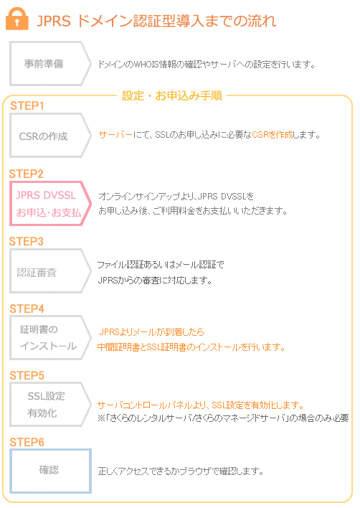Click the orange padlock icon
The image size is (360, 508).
pos(16,19)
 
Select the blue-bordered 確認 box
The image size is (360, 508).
pos(49,471)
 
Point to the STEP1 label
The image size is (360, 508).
pos(27,106)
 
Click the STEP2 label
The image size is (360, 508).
pos(27,174)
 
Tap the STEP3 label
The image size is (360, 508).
pos(27,241)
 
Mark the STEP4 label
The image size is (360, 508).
pos(27,309)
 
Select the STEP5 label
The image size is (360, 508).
pos(27,375)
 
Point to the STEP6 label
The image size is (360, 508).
pos(27,442)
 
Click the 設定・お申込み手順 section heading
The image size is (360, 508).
pos(171,95)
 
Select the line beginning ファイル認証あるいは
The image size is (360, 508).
pos(161,265)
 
